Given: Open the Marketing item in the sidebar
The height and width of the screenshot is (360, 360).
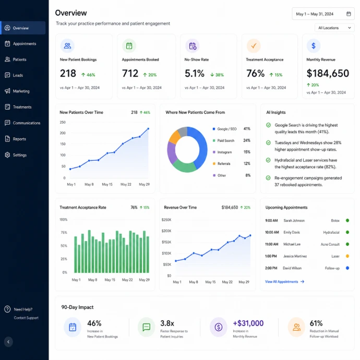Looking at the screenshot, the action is click(x=21, y=91).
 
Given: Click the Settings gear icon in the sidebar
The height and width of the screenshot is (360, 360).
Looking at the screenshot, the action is click(x=7, y=155).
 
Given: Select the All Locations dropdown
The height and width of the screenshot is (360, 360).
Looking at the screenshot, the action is click(x=334, y=28).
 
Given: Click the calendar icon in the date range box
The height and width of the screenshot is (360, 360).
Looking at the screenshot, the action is click(x=349, y=14).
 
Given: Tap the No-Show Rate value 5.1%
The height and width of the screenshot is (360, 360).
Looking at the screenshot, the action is click(x=195, y=74).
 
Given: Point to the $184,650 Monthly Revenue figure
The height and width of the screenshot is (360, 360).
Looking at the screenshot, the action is click(x=328, y=74).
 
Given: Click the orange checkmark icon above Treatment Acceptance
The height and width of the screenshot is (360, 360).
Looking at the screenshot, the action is click(x=254, y=46).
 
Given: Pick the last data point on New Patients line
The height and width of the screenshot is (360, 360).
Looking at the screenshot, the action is click(x=148, y=129).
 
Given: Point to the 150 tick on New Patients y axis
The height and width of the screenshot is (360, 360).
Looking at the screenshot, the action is click(x=63, y=144).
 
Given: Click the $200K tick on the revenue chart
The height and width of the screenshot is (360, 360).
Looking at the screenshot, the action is click(x=166, y=231).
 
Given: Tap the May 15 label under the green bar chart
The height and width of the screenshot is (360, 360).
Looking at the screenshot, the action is click(x=110, y=280).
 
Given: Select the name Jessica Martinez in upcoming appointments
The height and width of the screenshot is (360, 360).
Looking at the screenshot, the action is click(x=295, y=256).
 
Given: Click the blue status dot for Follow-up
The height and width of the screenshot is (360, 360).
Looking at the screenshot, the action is click(x=347, y=268).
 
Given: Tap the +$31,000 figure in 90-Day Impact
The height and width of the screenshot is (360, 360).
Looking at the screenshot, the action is click(x=248, y=323).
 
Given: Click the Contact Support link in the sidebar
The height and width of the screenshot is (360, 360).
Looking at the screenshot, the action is click(x=26, y=318).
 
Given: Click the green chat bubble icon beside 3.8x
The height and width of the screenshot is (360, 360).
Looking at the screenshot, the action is click(x=146, y=327).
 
